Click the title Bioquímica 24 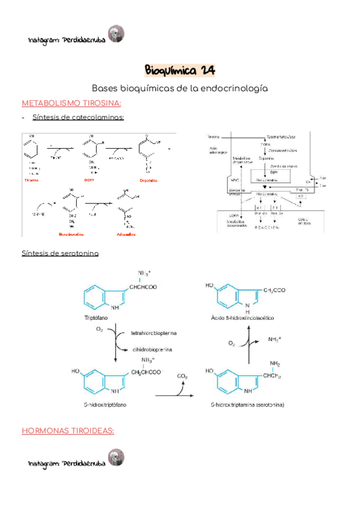180,71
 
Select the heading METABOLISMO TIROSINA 71,103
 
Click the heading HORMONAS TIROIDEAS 68,430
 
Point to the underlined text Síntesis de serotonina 60,253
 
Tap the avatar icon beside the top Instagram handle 115,34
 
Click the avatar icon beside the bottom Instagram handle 115,457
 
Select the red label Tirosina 32,180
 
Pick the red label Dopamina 148,180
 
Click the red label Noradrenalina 71,234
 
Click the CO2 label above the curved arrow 182,376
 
